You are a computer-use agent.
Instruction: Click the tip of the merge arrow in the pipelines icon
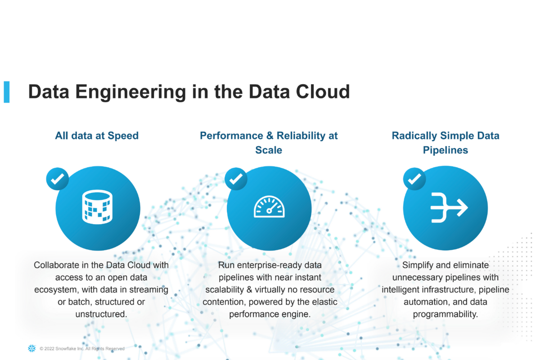point(468,207)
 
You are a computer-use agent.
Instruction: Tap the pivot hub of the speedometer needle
point(269,211)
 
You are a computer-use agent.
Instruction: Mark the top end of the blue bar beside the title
point(6,81)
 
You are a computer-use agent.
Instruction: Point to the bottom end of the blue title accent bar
point(6,103)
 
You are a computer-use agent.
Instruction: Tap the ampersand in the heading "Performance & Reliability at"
point(270,136)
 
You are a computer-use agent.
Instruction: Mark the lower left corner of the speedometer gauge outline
point(254,217)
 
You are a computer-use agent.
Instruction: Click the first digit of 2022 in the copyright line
point(45,349)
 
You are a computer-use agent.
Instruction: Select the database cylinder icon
point(97,207)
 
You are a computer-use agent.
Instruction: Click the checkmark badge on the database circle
point(58,179)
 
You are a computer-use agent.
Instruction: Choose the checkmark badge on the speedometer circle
point(236,179)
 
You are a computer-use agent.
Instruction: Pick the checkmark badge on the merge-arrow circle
point(414,179)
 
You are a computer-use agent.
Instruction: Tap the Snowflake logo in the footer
point(32,348)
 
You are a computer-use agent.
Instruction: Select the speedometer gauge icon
point(269,207)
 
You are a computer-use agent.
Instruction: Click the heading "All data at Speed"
point(97,136)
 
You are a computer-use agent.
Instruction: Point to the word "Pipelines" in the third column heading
point(445,150)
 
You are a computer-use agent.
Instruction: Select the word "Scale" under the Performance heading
point(269,150)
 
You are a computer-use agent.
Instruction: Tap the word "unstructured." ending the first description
point(101,314)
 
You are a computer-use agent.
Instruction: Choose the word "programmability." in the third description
point(445,315)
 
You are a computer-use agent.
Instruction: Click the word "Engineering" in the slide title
point(130,92)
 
